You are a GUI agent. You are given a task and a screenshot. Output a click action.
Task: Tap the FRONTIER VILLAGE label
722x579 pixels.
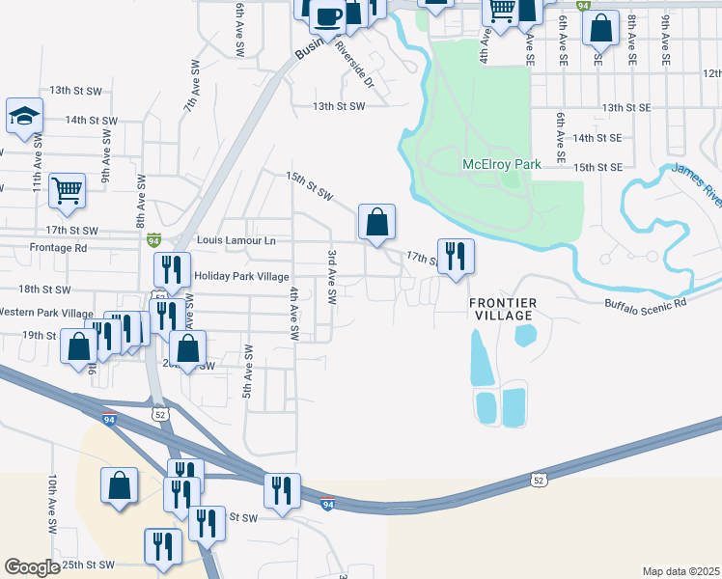click(502, 309)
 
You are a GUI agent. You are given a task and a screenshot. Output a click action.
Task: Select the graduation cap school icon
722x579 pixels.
click(24, 118)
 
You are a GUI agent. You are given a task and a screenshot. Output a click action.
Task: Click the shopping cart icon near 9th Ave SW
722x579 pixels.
click(67, 190)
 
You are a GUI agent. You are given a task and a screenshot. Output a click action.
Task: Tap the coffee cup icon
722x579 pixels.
click(328, 15)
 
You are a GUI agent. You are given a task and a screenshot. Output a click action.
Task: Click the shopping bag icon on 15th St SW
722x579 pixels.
click(377, 223)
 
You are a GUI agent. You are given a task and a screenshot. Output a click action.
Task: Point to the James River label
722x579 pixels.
click(697, 183)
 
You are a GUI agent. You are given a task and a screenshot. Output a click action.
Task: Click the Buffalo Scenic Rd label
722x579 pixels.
click(646, 303)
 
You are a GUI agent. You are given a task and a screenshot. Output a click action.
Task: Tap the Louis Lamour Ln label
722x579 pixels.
click(236, 239)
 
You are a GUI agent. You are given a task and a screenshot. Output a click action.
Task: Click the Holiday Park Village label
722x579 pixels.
click(241, 276)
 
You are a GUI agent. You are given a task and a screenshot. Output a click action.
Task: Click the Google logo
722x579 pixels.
click(33, 567)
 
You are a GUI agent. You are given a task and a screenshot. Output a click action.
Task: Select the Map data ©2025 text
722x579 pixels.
click(680, 571)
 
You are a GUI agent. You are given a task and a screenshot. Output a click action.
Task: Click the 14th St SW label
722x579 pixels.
click(91, 121)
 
